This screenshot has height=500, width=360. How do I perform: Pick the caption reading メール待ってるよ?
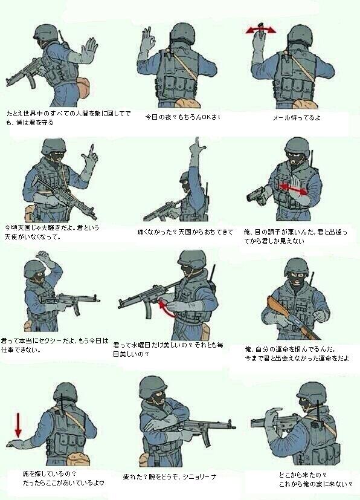(x=296, y=117)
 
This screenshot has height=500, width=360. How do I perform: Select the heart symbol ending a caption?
(x=101, y=482)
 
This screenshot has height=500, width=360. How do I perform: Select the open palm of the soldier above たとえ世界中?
(x=89, y=50)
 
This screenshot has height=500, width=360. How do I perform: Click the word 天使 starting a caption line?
(x=11, y=238)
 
